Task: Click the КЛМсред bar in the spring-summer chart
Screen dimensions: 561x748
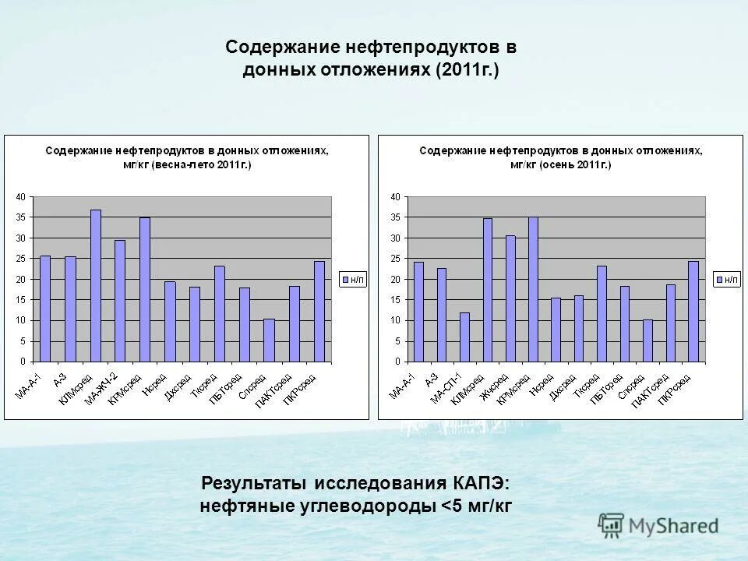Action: coord(95,286)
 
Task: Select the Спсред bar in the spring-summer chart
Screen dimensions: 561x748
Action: coord(269,340)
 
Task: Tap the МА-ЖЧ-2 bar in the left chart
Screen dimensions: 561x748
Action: coord(120,301)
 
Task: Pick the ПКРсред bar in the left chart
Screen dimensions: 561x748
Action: coord(319,312)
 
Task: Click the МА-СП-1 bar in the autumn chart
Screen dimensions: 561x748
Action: coord(464,337)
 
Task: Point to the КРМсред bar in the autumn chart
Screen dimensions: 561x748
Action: coord(533,289)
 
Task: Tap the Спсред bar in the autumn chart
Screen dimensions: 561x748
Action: coord(647,340)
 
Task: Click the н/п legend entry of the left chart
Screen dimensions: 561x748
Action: coord(353,279)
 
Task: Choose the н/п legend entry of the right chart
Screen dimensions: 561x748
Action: coord(727,279)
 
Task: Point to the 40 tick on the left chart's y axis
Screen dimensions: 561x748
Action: coord(21,196)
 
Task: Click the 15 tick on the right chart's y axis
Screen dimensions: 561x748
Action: coord(396,300)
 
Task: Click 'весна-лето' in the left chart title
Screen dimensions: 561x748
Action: coord(179,165)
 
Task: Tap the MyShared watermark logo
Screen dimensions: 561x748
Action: coord(658,525)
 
